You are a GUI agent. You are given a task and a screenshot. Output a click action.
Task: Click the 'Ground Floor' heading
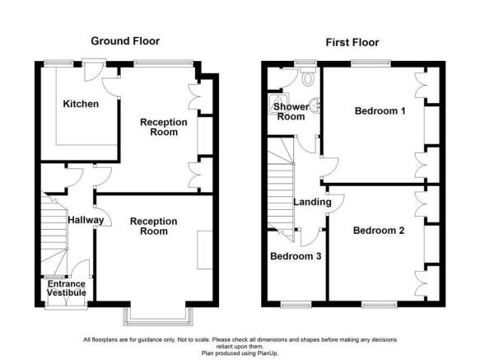[x=125, y=40]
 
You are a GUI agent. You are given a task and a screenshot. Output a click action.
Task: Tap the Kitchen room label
[x=81, y=105]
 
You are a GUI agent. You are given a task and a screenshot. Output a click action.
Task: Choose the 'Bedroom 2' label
[x=378, y=231]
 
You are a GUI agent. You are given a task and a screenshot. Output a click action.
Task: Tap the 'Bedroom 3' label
[x=295, y=256]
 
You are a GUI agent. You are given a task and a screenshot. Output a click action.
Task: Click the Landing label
[x=312, y=202]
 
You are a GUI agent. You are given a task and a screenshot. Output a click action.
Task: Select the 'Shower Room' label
[x=291, y=112]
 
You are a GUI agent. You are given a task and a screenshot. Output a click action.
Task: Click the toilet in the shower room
[x=307, y=79]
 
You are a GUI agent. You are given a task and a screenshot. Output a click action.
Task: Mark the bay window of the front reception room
[x=158, y=315]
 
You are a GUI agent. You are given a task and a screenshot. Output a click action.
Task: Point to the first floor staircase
[x=282, y=185]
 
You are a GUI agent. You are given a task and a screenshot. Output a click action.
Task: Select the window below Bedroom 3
[x=294, y=304]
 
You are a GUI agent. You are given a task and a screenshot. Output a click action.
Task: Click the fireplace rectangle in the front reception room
[x=203, y=249]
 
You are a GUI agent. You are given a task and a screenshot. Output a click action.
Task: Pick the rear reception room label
[x=163, y=128]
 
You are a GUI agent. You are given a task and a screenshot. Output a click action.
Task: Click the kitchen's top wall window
[x=58, y=63]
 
